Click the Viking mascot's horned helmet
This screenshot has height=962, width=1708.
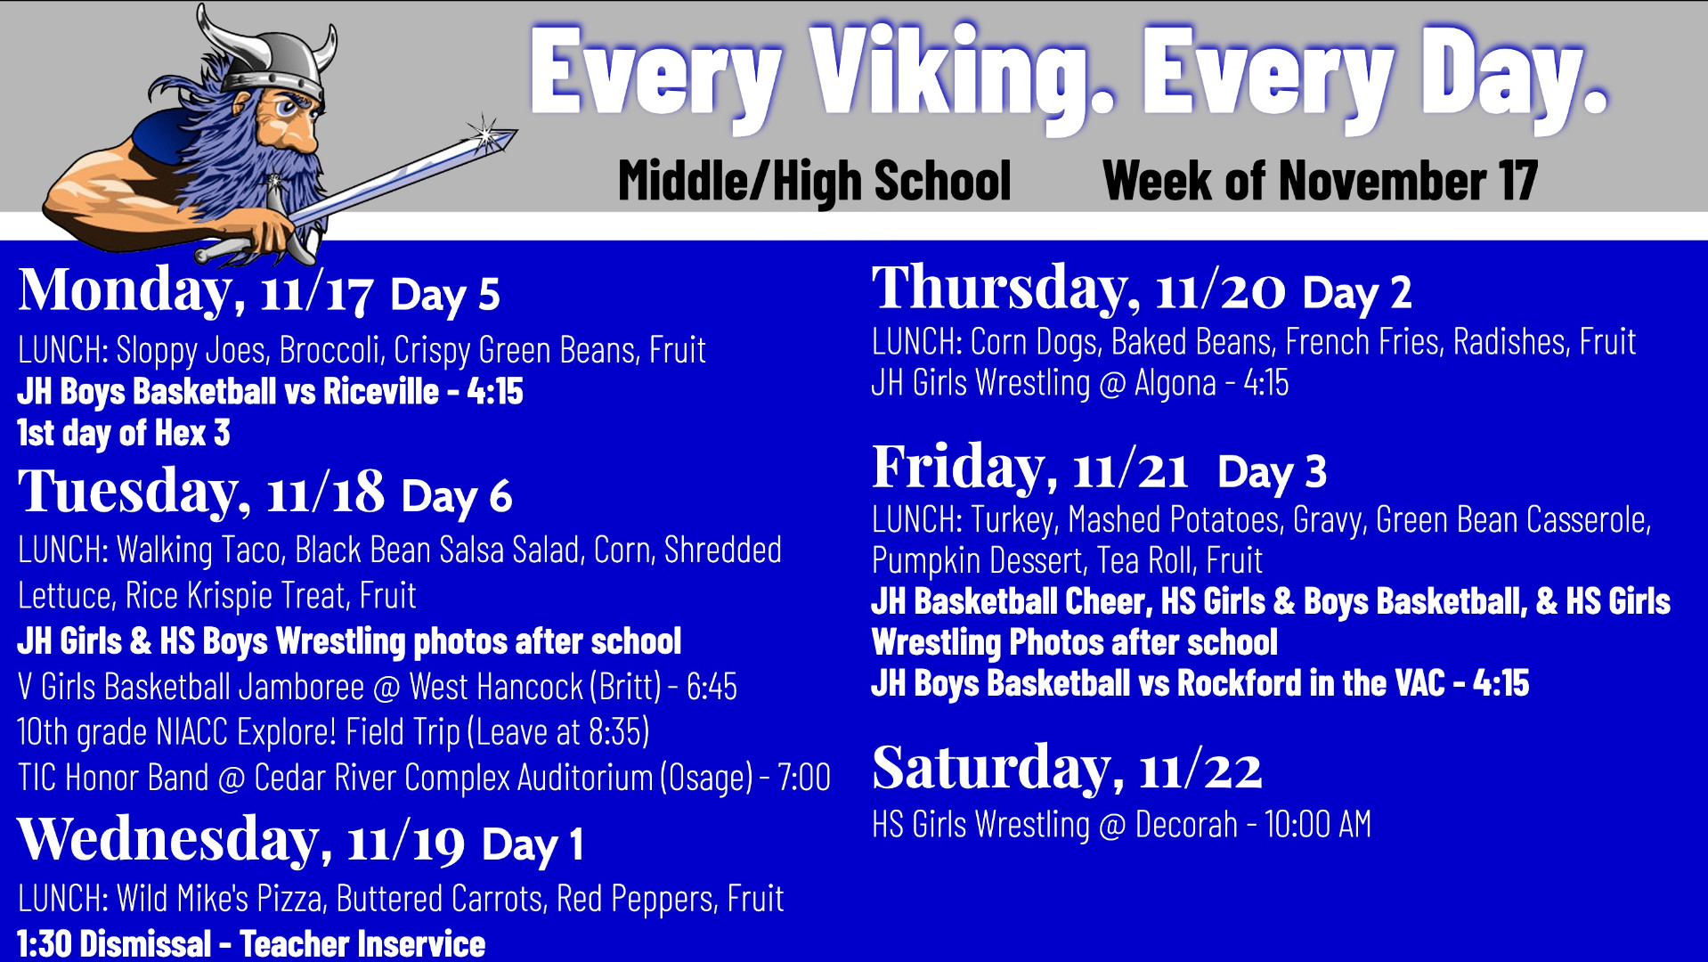pyautogui.click(x=268, y=61)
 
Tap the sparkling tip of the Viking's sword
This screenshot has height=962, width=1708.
pyautogui.click(x=486, y=135)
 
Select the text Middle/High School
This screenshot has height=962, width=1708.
pyautogui.click(x=814, y=181)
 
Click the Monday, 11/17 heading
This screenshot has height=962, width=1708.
pyautogui.click(x=195, y=290)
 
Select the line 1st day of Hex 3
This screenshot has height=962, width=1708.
pyautogui.click(x=124, y=433)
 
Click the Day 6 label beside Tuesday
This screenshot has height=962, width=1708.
pyautogui.click(x=457, y=496)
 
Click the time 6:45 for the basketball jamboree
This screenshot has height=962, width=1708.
pyautogui.click(x=712, y=687)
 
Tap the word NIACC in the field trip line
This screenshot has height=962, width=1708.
pyautogui.click(x=193, y=732)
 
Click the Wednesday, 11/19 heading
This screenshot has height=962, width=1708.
pyautogui.click(x=240, y=840)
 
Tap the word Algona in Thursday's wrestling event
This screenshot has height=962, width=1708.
pyautogui.click(x=1175, y=383)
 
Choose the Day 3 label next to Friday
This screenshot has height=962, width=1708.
pyautogui.click(x=1272, y=471)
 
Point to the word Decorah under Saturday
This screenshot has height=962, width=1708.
pyautogui.click(x=1186, y=825)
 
